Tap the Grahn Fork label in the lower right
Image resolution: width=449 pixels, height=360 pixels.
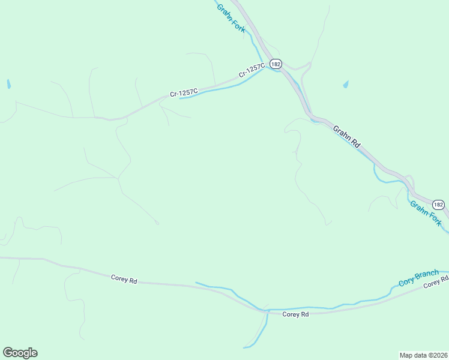[426, 214]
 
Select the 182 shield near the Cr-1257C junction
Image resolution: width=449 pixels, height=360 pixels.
[276, 64]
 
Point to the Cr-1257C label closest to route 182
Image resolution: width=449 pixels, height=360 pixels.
[252, 71]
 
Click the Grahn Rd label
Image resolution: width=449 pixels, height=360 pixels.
[347, 136]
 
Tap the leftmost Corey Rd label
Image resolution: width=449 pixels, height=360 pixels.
[124, 279]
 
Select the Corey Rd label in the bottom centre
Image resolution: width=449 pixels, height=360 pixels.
[295, 314]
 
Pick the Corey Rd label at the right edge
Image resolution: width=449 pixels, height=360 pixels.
[436, 283]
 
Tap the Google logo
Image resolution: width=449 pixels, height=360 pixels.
[20, 353]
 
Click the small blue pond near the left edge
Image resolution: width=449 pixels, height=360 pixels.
[8, 84]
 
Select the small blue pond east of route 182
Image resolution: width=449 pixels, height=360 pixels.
[346, 85]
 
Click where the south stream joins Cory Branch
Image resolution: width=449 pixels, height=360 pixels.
[266, 311]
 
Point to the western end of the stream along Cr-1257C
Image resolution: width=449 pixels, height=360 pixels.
[180, 98]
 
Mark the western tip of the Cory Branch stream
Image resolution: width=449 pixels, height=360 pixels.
[196, 282]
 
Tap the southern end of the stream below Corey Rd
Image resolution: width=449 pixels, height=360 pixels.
[244, 347]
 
